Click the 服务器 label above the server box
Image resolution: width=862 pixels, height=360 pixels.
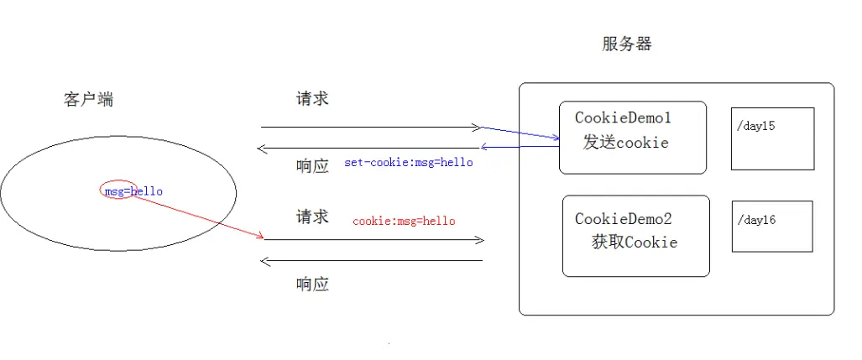626,44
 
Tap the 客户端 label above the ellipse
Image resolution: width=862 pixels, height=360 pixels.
88,99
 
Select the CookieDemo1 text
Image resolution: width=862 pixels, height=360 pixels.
623,118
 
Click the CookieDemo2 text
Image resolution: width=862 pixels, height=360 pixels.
623,219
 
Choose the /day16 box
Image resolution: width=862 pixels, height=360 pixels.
772,226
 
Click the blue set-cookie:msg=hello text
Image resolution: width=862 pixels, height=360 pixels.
408,162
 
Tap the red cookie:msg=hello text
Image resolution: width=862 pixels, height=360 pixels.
404,221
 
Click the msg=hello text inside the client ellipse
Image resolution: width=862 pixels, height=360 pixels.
133,191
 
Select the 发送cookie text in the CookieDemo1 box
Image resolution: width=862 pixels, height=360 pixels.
625,143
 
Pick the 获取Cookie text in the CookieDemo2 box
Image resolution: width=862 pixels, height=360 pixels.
634,243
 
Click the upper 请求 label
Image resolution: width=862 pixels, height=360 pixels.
312,98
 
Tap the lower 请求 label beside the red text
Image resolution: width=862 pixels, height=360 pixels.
312,217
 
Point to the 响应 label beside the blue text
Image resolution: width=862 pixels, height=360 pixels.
312,165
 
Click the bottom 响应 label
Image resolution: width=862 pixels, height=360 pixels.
312,284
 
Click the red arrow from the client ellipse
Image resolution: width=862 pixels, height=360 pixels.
201,214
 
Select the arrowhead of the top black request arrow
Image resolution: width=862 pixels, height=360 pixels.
477,128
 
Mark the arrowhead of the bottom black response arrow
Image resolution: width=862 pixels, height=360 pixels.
265,261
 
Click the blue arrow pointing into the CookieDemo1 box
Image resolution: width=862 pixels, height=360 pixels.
520,133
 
